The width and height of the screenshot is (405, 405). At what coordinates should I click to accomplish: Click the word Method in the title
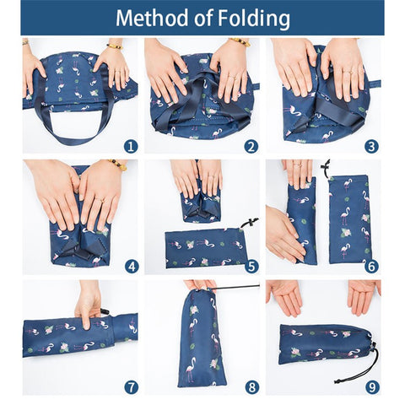[x=153, y=18]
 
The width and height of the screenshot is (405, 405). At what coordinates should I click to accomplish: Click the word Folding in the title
[x=254, y=19]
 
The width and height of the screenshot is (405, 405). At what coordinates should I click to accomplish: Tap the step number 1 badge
[x=131, y=146]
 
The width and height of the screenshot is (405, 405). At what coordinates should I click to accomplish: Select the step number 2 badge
[x=251, y=146]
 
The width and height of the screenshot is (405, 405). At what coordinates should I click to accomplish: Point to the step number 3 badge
[x=371, y=146]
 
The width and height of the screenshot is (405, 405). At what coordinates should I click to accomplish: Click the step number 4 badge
[x=132, y=267]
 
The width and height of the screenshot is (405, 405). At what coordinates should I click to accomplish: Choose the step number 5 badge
[x=251, y=267]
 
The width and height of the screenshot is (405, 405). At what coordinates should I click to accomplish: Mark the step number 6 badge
[x=372, y=267]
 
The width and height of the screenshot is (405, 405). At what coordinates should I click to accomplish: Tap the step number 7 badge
[x=132, y=387]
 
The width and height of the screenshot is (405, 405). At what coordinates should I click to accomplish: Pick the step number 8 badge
[x=251, y=387]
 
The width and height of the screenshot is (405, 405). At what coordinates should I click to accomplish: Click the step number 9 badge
[x=372, y=387]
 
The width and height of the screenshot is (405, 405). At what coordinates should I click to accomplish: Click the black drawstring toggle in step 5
[x=250, y=223]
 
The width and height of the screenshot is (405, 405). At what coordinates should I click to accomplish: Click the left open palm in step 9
[x=284, y=297]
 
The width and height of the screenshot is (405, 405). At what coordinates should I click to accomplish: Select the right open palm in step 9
[x=363, y=297]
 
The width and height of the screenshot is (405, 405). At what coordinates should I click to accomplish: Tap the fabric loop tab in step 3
[x=373, y=84]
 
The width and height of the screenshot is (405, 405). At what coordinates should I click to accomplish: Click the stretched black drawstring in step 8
[x=236, y=287]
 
